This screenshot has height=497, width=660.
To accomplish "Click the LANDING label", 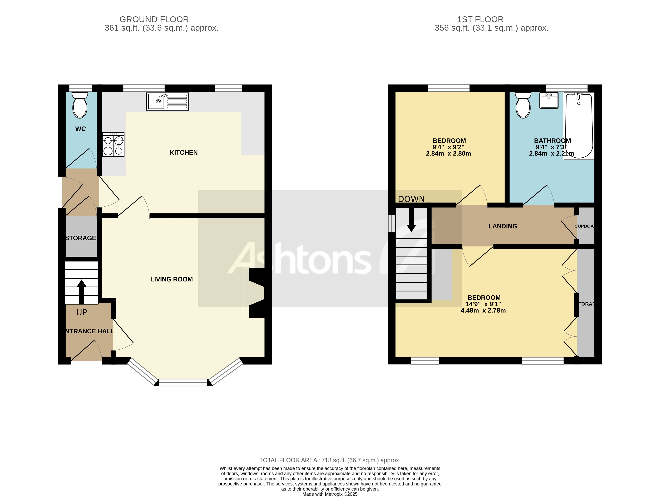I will click(502, 226).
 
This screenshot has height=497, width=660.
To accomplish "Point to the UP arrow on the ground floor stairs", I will click(81, 291).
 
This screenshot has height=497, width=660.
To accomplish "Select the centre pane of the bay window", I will click(183, 382).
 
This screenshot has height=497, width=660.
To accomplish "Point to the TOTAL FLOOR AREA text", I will click(330, 460).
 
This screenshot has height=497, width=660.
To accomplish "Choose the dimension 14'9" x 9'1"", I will click(483, 304).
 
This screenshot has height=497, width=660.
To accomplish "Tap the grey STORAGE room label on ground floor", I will click(81, 238).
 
